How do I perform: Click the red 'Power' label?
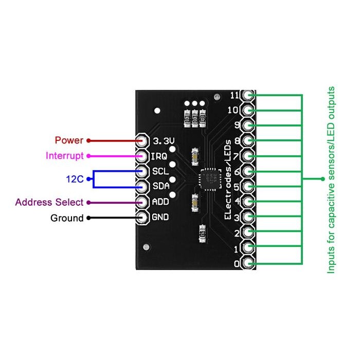69,140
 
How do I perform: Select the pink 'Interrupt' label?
64,156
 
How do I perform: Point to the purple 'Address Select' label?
49,202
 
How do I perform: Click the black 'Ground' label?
67,218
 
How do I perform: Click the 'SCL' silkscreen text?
160,171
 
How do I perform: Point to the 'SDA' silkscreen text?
160,186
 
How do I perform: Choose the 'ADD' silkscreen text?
160,202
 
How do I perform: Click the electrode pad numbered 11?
249,95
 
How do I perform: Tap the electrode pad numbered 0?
249,264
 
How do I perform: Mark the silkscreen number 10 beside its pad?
234,110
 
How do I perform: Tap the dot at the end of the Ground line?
89,218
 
